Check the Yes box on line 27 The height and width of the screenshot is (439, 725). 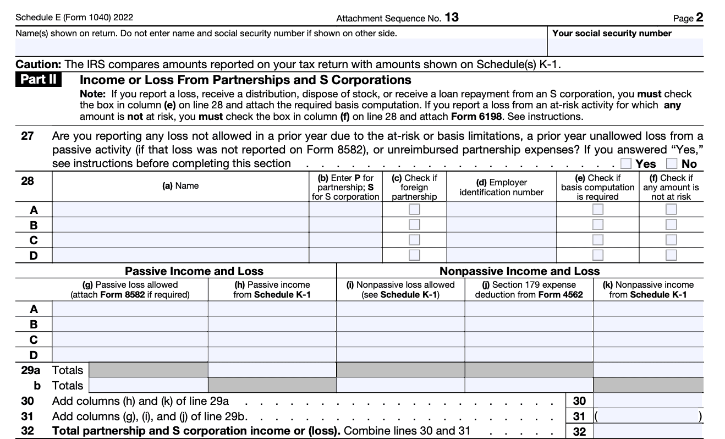pyautogui.click(x=625, y=163)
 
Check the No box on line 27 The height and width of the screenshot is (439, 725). pyautogui.click(x=672, y=163)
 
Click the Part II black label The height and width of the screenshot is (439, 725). pyautogui.click(x=40, y=80)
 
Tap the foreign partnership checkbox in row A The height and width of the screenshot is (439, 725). pyautogui.click(x=414, y=210)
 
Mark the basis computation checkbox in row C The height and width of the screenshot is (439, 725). pyautogui.click(x=597, y=240)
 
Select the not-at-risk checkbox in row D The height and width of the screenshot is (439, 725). pyautogui.click(x=671, y=255)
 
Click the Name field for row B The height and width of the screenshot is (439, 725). pyautogui.click(x=180, y=224)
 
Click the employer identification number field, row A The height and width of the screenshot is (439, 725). pyautogui.click(x=501, y=210)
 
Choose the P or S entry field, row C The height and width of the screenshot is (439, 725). pyautogui.click(x=345, y=240)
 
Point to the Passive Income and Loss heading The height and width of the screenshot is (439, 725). pyautogui.click(x=194, y=271)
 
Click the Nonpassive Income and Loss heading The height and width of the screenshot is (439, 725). pyautogui.click(x=519, y=271)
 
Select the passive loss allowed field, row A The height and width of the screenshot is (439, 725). pyautogui.click(x=130, y=309)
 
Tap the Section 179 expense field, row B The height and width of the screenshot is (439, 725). pyautogui.click(x=529, y=324)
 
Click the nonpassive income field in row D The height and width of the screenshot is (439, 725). pyautogui.click(x=648, y=354)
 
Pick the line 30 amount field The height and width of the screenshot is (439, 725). pyautogui.click(x=648, y=401)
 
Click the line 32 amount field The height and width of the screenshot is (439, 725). pyautogui.click(x=648, y=431)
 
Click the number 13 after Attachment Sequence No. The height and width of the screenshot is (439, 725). pyautogui.click(x=452, y=18)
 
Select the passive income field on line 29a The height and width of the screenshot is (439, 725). pyautogui.click(x=272, y=370)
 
